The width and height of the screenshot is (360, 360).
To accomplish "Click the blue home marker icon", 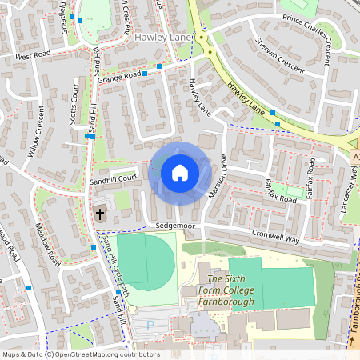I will point(180,172).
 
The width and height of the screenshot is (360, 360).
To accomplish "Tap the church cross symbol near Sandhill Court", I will point(100,214).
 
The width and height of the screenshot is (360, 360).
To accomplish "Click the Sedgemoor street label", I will point(176,227).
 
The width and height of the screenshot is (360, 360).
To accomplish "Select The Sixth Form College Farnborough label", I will point(225,295).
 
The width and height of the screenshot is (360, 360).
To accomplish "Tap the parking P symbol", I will point(150,326).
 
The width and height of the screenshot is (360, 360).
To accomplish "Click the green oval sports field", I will point(146,262).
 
